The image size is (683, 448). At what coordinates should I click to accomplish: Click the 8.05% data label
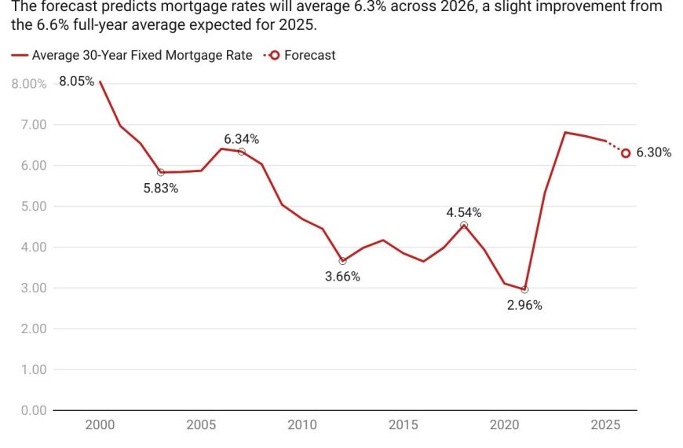[77, 81]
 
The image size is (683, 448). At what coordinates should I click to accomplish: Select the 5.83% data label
[161, 189]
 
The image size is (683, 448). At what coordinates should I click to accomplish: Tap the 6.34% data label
[241, 139]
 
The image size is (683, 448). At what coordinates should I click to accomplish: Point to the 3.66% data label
[342, 277]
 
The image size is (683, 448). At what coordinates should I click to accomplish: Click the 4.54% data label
[464, 212]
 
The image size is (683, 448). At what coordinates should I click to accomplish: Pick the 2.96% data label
[524, 306]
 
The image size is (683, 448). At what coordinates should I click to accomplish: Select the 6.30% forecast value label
[653, 153]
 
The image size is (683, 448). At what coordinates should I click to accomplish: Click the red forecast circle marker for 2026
[626, 153]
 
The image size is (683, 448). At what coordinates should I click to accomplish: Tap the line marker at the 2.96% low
[524, 290]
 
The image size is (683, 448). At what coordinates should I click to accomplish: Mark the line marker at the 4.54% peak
[464, 225]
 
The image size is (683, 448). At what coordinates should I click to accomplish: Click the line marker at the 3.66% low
[342, 261]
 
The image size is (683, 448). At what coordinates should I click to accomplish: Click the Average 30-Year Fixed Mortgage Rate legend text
[142, 56]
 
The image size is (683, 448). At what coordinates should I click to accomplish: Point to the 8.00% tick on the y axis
[28, 84]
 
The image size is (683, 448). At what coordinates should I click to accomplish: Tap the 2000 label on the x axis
[100, 425]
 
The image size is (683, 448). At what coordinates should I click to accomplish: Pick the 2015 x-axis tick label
[404, 425]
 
